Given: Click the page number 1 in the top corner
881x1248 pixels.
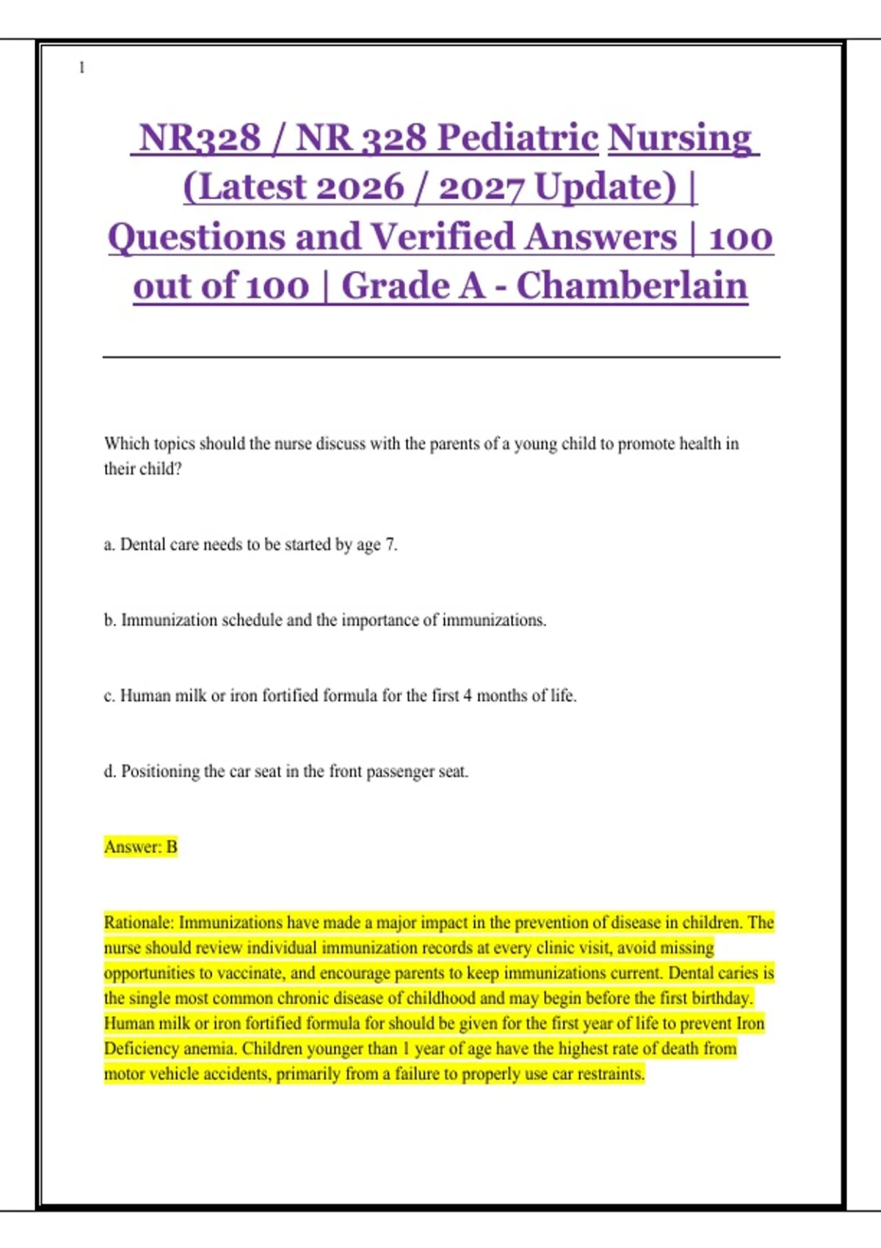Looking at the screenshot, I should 81,68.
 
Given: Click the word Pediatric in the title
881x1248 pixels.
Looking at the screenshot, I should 518,137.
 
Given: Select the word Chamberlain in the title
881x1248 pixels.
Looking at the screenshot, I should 631,286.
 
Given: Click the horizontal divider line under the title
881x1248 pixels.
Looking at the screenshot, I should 440,358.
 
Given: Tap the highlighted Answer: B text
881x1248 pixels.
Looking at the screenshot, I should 140,847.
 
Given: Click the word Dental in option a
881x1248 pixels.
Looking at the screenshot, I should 142,545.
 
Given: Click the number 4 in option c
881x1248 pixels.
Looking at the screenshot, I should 467,695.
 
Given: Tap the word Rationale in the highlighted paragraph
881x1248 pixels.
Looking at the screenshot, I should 139,923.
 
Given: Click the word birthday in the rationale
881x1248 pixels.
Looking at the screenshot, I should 722,998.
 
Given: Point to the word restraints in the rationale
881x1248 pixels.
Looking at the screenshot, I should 610,1074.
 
